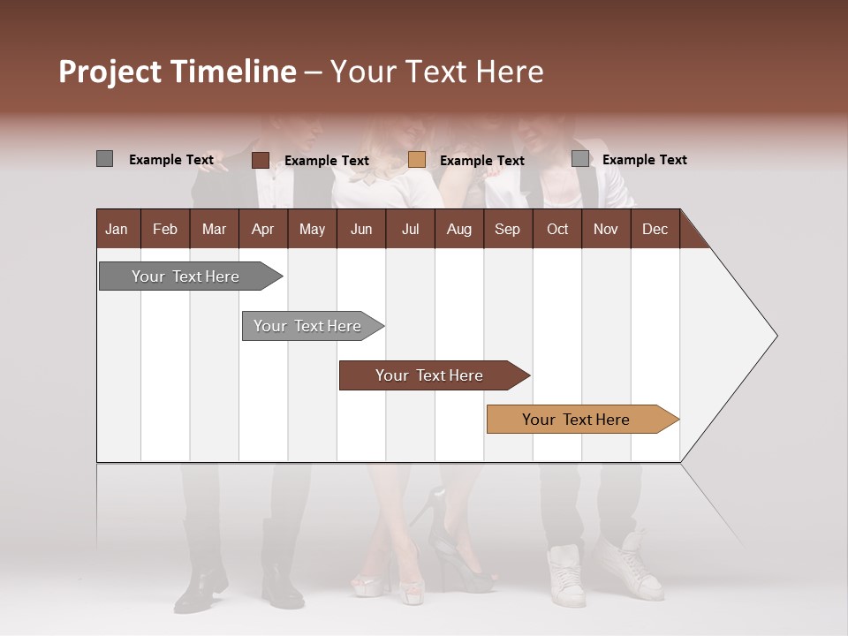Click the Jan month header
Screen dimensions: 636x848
(117, 229)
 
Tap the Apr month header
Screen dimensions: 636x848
(262, 229)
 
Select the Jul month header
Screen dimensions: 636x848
(410, 229)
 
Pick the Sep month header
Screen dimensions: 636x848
(507, 229)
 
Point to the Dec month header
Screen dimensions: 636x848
(655, 229)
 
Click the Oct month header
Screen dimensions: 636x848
(557, 229)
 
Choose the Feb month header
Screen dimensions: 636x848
(165, 229)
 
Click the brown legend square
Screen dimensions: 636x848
(261, 160)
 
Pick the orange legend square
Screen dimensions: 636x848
(417, 160)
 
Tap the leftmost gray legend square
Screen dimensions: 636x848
(105, 159)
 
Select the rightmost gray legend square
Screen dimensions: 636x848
(580, 159)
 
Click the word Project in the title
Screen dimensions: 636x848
(110, 72)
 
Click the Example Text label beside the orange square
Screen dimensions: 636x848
(481, 161)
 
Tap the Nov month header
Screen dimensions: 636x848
(605, 229)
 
